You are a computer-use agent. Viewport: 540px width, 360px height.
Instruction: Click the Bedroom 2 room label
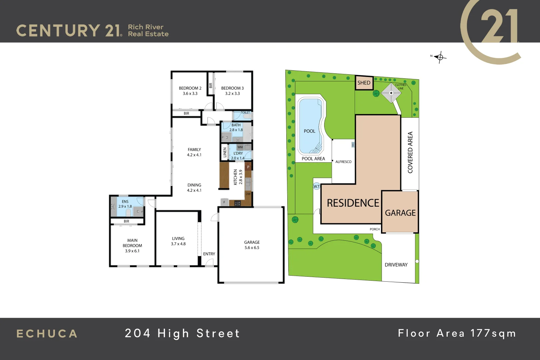190,88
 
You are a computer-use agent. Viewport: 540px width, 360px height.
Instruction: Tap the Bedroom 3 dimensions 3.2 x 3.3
232,94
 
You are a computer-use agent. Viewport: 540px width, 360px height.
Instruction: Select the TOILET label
245,113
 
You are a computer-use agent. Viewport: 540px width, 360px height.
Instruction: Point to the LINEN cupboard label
225,152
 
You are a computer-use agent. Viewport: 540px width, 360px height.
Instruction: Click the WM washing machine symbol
240,147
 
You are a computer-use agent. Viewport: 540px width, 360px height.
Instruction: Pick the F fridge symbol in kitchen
224,202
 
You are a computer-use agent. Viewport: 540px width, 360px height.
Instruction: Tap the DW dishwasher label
248,194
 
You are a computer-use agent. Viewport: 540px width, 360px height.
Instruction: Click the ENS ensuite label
125,202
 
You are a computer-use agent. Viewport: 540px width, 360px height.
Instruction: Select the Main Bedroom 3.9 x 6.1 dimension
132,251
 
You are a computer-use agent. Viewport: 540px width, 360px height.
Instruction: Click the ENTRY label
209,254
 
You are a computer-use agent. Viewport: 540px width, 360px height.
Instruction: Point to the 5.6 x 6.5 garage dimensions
252,248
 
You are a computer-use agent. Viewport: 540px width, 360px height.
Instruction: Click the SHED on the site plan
364,83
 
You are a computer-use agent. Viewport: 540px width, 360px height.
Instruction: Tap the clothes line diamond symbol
391,93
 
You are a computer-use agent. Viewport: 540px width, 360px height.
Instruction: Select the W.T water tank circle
316,186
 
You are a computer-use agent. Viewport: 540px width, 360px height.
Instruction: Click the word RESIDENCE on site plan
353,203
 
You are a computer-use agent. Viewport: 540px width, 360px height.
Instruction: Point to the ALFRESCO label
343,162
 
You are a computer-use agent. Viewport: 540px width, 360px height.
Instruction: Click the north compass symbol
440,57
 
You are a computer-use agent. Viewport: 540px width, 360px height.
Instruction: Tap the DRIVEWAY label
396,265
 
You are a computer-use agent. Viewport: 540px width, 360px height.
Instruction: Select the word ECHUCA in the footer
47,334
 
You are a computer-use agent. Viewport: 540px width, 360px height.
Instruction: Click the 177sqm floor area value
493,333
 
